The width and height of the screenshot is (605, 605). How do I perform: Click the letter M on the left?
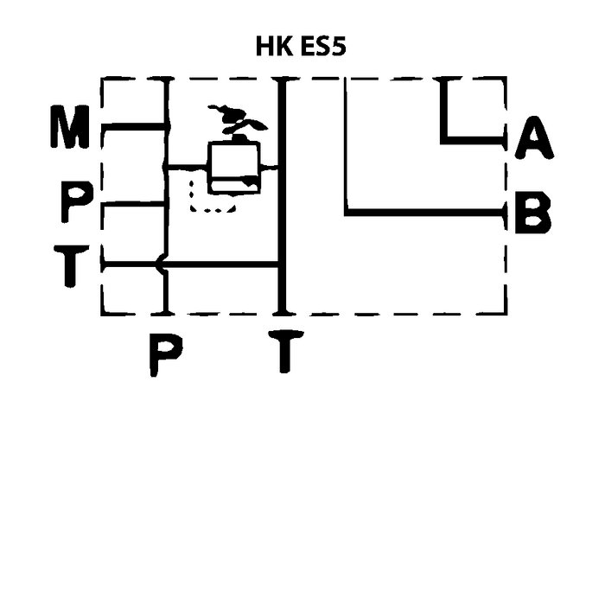[68, 129]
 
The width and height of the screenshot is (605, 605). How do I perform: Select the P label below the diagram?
[164, 353]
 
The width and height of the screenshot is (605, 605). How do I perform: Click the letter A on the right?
[533, 139]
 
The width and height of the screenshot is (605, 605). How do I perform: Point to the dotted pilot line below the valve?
[213, 208]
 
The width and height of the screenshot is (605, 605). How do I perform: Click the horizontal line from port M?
[134, 127]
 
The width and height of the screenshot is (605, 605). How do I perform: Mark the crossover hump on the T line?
[159, 264]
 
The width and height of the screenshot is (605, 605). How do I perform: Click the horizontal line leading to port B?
[423, 212]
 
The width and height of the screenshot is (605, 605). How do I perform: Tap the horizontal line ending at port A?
[472, 138]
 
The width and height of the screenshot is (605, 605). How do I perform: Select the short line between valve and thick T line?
[269, 166]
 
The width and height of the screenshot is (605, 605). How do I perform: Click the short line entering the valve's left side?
[188, 166]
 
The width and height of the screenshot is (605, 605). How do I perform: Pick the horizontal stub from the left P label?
[134, 205]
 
